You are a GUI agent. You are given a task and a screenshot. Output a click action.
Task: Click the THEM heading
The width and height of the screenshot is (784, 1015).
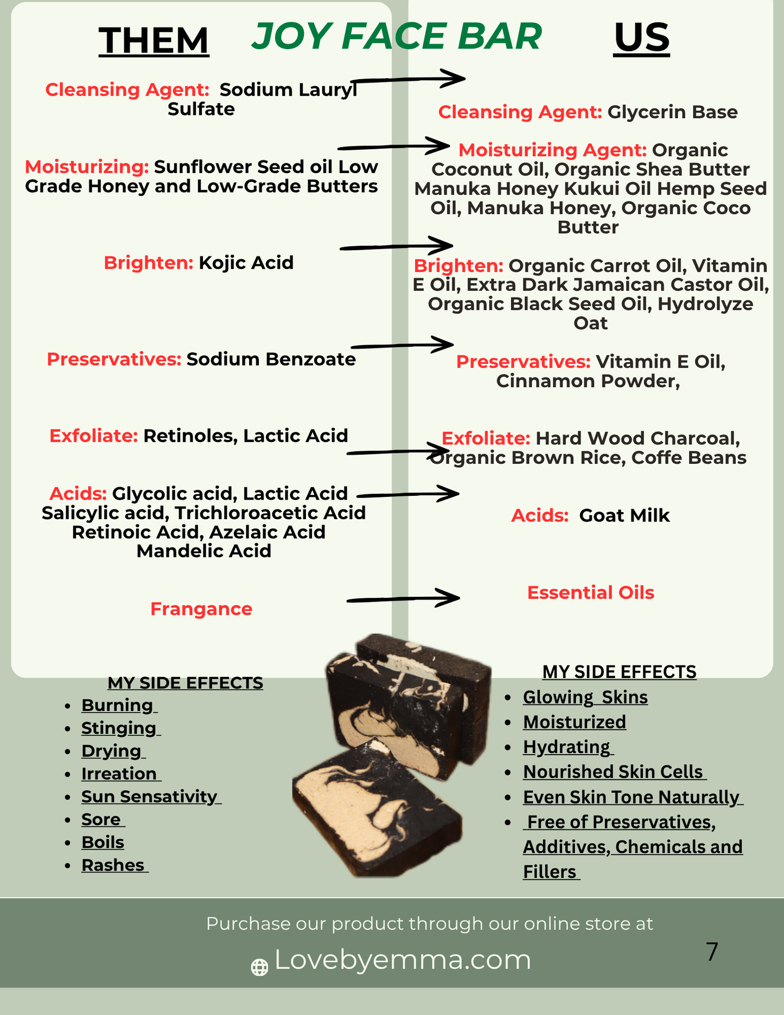(x=154, y=41)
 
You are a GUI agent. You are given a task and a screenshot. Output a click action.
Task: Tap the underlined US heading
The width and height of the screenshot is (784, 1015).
(x=641, y=38)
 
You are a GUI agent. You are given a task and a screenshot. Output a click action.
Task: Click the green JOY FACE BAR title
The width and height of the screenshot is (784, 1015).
(x=397, y=36)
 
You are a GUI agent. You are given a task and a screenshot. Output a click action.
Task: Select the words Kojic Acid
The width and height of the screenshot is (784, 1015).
(x=246, y=263)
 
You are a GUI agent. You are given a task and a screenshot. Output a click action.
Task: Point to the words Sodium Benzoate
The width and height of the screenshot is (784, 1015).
(x=271, y=359)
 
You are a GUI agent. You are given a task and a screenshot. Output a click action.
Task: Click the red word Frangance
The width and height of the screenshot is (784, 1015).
(x=201, y=609)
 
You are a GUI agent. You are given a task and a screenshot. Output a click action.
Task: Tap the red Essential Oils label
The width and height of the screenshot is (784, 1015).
(x=591, y=592)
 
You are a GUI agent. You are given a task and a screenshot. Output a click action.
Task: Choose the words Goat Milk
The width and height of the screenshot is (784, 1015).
(x=624, y=515)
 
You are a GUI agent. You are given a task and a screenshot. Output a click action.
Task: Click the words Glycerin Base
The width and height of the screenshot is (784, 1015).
(x=673, y=112)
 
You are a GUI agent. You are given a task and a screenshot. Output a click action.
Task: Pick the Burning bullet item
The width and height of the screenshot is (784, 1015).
(x=118, y=705)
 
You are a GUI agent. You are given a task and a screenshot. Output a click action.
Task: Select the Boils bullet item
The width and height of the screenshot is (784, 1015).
(x=103, y=842)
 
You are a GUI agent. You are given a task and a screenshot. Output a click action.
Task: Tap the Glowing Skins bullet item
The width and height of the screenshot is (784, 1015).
(x=585, y=697)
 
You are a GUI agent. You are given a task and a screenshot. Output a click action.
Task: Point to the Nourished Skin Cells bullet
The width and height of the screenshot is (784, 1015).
(x=614, y=772)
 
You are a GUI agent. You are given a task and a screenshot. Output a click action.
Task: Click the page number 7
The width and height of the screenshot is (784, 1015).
(x=712, y=952)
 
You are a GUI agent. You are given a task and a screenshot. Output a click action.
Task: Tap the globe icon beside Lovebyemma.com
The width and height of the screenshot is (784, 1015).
(x=259, y=967)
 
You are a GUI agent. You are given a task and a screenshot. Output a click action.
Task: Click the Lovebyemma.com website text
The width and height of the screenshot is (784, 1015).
(x=403, y=960)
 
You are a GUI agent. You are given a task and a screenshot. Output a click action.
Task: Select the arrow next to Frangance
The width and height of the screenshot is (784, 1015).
(x=403, y=598)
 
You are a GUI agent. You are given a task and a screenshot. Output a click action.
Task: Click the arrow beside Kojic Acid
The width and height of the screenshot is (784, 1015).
(x=397, y=246)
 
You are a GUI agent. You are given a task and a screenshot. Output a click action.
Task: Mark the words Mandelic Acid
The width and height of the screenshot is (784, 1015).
(x=204, y=551)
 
